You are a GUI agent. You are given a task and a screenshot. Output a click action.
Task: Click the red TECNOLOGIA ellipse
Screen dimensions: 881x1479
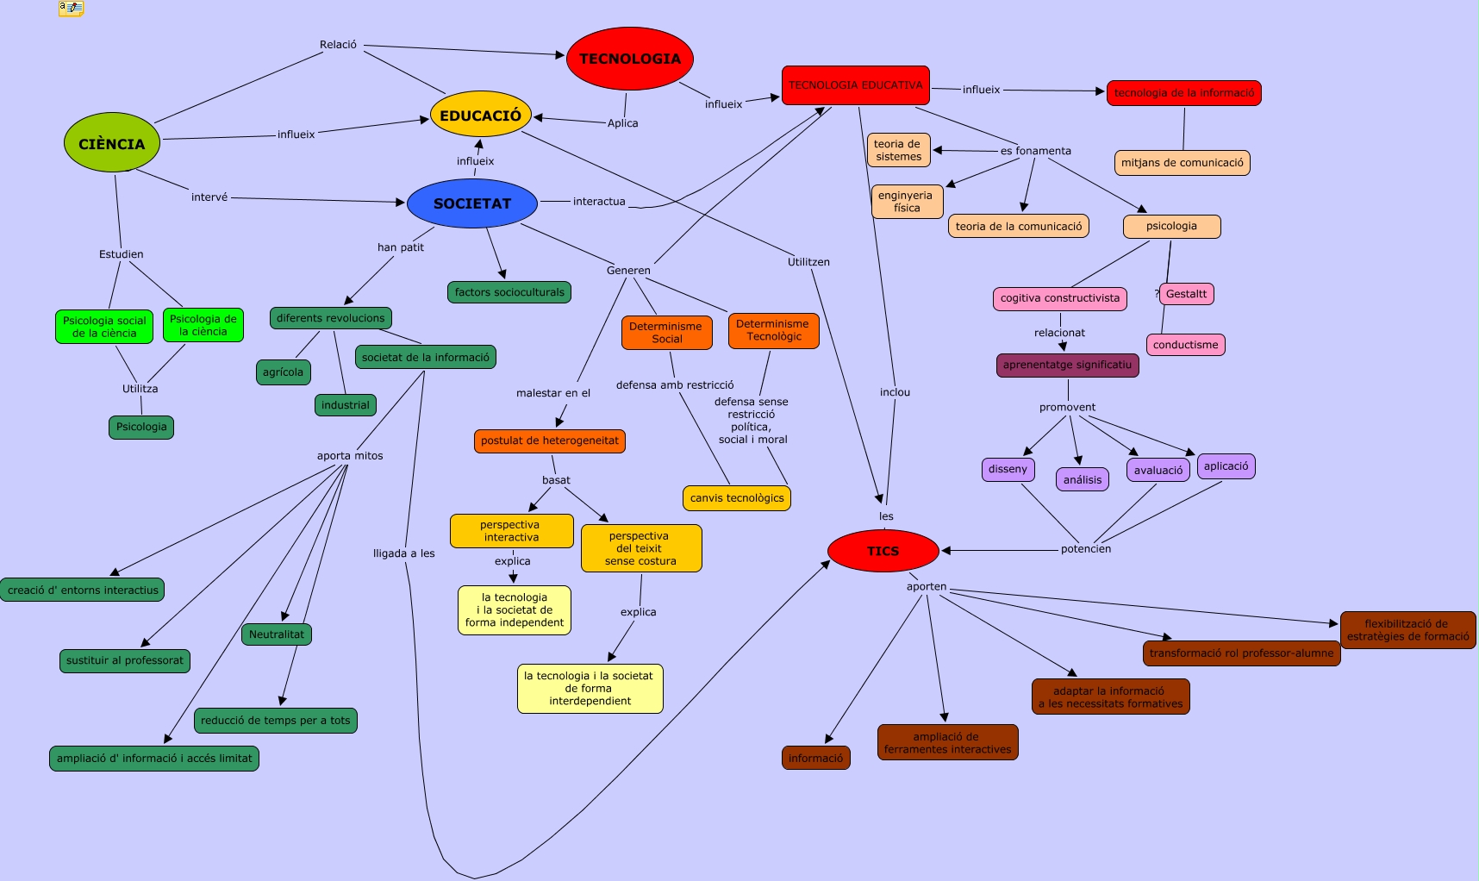[630, 59]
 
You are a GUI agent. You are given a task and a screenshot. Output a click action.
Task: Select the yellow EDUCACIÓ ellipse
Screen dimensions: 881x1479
[480, 115]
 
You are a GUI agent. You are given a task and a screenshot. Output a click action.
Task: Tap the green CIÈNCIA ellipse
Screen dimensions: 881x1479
[112, 143]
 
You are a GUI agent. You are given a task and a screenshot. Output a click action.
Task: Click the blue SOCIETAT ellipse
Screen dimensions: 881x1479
[472, 203]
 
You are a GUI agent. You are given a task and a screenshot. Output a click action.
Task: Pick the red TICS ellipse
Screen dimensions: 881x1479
[883, 551]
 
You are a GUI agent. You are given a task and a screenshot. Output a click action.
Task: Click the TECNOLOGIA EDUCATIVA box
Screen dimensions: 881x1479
[855, 85]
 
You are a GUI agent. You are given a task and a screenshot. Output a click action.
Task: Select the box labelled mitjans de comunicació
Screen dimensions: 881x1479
[1182, 163]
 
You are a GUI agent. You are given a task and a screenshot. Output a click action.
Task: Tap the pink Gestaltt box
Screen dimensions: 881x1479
[1186, 294]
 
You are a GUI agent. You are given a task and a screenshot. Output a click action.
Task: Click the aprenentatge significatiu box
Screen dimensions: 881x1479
[1067, 365]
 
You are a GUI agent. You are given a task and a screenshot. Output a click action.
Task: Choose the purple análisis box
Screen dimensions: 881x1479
[1083, 480]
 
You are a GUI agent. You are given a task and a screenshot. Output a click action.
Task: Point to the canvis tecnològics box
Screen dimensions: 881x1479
[737, 498]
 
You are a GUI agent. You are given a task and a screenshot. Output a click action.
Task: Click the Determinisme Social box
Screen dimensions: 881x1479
[666, 333]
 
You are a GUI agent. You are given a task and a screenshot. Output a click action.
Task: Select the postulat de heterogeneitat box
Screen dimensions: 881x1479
[549, 440]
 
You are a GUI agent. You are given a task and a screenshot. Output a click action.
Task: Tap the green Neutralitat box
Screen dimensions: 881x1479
[277, 634]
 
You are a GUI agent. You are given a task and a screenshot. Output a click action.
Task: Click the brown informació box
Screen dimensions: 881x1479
[815, 759]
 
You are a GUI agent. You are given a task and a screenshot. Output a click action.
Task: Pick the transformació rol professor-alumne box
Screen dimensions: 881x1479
[1241, 653]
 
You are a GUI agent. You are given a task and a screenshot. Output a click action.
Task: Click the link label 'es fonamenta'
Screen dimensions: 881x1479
[1035, 151]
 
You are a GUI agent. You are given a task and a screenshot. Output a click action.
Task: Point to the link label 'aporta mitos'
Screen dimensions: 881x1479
[350, 456]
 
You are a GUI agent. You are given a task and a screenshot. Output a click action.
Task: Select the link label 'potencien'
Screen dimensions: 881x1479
[1085, 549]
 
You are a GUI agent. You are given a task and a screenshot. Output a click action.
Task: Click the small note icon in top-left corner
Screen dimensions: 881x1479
[72, 9]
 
